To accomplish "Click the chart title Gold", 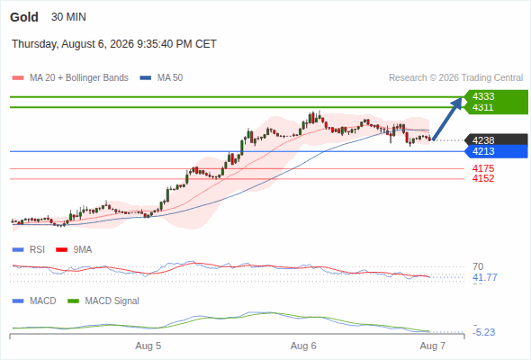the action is point(24,17).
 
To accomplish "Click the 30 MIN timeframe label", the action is point(68,17).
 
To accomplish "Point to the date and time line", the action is point(114,44).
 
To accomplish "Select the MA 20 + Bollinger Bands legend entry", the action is point(70,78).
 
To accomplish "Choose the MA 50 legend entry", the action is point(161,78).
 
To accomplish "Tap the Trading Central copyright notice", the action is point(455,78).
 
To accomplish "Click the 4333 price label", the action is point(483,96).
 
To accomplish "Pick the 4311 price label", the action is point(483,107).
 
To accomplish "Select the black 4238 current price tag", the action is point(497,140).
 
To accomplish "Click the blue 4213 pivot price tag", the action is point(497,151).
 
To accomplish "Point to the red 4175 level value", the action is point(483,168).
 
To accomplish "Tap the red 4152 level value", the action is point(483,178).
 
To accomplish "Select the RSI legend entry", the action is point(29,249).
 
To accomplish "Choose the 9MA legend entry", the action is point(74,249).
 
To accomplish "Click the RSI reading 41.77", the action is point(485,278).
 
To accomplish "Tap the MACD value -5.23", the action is point(484,332).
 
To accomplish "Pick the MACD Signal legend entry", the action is point(103,301).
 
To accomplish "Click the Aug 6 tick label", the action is point(303,346).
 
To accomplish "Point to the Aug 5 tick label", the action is point(148,346).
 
